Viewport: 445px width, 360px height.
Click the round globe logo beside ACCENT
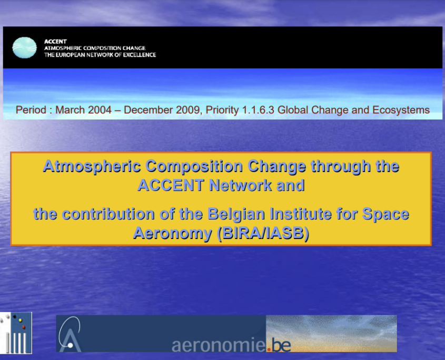click(24, 48)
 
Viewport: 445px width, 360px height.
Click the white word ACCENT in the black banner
click(55, 42)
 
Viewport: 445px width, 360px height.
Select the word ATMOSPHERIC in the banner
click(63, 48)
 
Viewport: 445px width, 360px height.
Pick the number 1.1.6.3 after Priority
click(258, 110)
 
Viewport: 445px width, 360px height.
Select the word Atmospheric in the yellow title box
click(92, 166)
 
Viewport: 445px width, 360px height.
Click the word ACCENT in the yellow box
click(171, 185)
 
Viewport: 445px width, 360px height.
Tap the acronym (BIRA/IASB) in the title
click(263, 233)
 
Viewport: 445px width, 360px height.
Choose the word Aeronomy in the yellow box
click(173, 234)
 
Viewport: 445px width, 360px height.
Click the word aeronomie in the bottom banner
click(219, 345)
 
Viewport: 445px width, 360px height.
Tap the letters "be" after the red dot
click(280, 345)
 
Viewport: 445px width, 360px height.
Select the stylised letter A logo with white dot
click(70, 335)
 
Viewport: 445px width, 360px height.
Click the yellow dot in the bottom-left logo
click(20, 321)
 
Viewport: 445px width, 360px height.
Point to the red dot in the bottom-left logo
click(24, 327)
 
